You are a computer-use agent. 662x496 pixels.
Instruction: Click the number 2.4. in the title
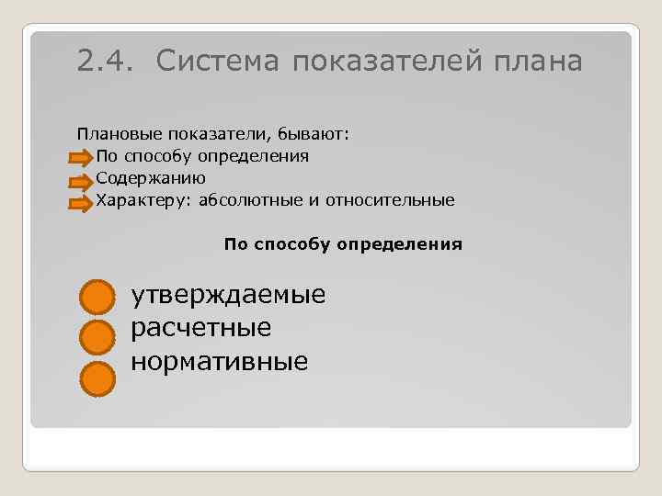106,61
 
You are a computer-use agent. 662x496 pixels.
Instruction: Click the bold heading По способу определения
343,245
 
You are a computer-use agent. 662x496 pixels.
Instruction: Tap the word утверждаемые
228,296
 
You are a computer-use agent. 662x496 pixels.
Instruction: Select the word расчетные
201,328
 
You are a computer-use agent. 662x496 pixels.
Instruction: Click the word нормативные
219,360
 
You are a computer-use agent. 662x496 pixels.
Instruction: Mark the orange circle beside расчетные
96,338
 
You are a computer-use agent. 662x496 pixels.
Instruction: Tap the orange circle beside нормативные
96,378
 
